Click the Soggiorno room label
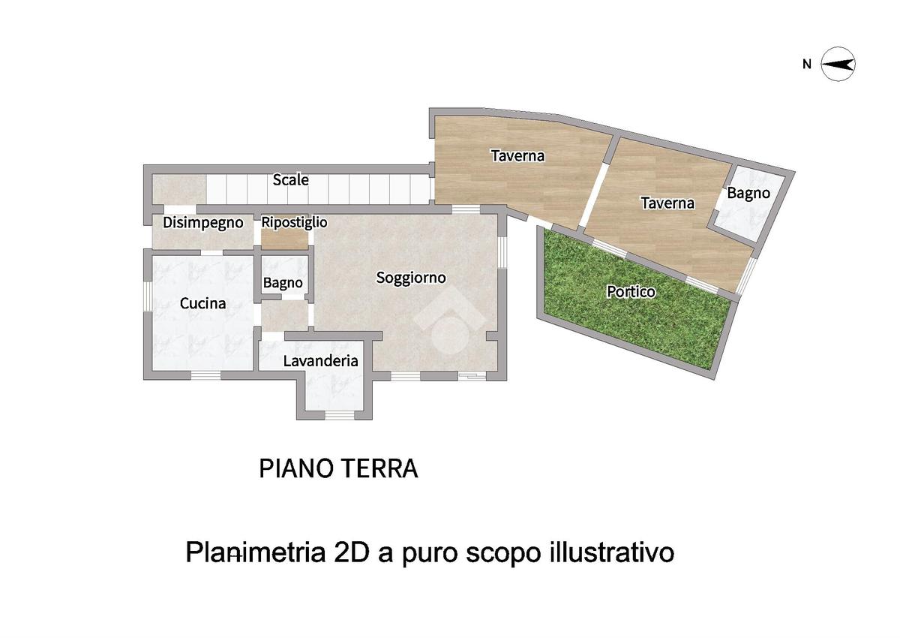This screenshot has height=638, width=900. click(411, 278)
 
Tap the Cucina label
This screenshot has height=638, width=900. click(202, 303)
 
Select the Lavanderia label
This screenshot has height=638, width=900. click(321, 360)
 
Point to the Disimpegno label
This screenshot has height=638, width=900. click(203, 223)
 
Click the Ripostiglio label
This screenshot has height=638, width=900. click(294, 222)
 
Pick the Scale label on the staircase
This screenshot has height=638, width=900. click(290, 179)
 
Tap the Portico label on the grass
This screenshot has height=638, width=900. click(631, 292)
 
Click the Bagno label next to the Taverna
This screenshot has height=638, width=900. click(748, 194)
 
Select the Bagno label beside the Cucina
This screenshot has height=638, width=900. click(283, 283)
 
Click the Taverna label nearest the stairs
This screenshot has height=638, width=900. click(517, 155)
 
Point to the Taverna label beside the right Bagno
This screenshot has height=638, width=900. click(667, 203)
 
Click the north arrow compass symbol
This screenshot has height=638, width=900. click(838, 65)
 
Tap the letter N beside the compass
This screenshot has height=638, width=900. click(807, 65)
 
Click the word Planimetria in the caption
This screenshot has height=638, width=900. click(256, 552)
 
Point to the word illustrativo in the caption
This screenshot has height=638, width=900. click(611, 552)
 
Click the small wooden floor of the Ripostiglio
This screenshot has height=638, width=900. click(284, 240)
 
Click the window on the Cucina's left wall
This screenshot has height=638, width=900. click(148, 296)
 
